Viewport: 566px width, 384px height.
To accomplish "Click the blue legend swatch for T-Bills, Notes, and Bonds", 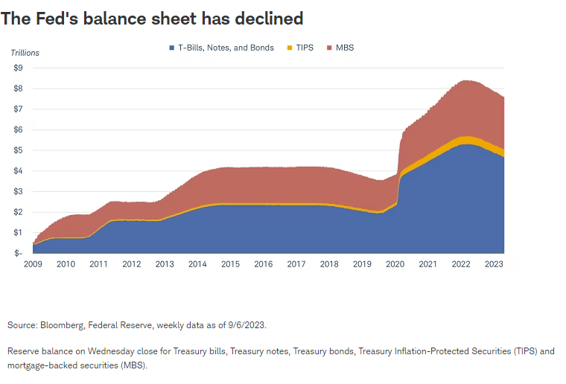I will point(171,48).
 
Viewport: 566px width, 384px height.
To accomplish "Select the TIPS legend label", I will point(304,48).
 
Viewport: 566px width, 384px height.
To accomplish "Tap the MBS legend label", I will point(344,48).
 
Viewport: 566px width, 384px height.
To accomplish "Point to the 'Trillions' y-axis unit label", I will point(25,53).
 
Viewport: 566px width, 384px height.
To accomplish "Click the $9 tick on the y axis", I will point(18,68).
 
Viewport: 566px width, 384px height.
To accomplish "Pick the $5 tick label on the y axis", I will point(18,150).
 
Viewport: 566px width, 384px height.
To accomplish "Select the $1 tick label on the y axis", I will point(18,233).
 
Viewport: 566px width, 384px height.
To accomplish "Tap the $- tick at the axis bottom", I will point(18,253).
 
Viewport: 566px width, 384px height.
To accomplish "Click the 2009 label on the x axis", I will point(32,264).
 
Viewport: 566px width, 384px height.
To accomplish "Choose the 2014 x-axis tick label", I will point(197,264).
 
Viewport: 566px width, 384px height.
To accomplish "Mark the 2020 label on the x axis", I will point(395,264).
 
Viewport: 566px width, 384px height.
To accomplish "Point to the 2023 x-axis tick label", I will point(494,264).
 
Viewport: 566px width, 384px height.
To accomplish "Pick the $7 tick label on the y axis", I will point(18,109).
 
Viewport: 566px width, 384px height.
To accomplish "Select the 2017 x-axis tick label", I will point(296,264).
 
